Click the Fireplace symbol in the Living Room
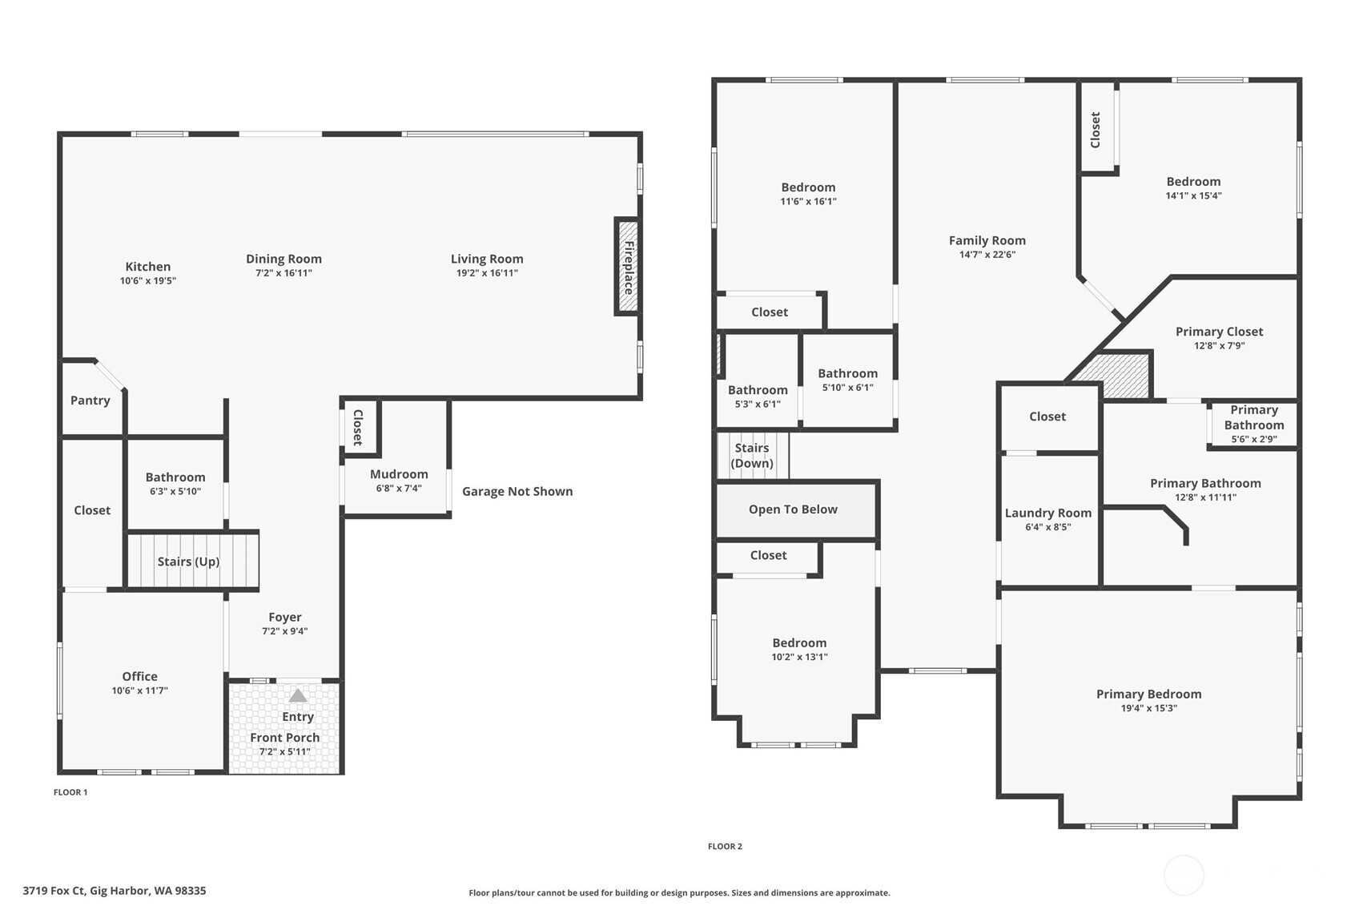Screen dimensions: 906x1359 (628, 267)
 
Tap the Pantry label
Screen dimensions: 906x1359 (90, 401)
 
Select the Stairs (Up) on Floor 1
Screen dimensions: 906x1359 (189, 561)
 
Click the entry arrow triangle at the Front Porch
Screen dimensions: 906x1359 (298, 695)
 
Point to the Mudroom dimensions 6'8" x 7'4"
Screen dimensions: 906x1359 (399, 489)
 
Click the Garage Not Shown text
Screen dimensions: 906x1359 (517, 491)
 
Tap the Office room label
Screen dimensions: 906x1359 (139, 676)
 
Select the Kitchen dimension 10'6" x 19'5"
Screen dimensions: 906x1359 (148, 281)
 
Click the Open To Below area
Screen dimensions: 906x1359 (793, 509)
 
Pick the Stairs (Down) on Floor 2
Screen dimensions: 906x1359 (753, 455)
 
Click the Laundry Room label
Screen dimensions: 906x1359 (1048, 513)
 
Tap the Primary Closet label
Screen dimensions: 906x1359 (1219, 332)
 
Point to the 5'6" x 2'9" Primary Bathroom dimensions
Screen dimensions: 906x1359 (1254, 439)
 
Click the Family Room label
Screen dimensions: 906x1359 (987, 240)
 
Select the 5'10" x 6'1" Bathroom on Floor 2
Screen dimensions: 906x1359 (847, 380)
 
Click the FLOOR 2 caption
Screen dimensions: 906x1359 (725, 847)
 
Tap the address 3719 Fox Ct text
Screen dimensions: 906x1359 (114, 891)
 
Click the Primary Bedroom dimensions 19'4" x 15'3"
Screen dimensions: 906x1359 (1148, 708)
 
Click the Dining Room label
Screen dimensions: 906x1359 (283, 259)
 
